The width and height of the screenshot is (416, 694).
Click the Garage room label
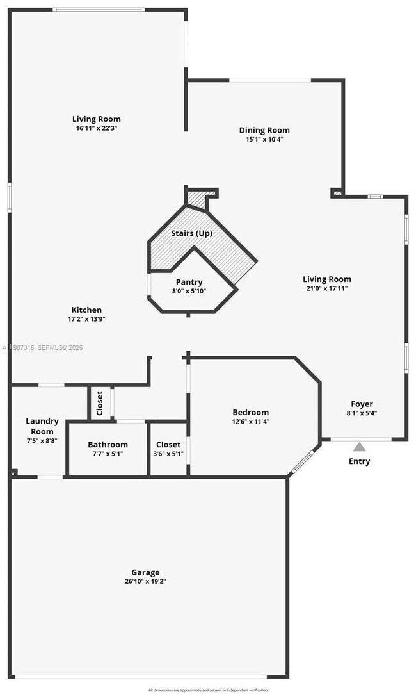point(145,572)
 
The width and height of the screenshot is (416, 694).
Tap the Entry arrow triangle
point(360,447)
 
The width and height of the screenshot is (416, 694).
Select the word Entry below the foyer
point(360,461)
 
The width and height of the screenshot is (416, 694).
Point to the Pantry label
point(189,282)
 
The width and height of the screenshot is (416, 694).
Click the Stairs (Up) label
point(191,233)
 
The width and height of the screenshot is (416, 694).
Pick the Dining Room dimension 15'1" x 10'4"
point(264,139)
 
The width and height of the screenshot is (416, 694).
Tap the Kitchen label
point(86,310)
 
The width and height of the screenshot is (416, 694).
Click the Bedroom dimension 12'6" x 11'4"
point(251,421)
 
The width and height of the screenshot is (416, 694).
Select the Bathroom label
point(108,444)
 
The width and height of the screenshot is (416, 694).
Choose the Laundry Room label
point(42,426)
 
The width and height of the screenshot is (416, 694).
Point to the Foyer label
point(362,404)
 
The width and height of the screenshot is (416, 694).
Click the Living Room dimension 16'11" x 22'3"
point(96,128)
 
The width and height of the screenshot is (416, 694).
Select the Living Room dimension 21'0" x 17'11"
point(327,288)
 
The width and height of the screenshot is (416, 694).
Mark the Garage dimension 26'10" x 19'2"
point(145,581)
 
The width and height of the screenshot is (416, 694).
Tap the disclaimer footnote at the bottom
point(208,690)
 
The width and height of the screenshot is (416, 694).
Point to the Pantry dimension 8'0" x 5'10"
point(189,290)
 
